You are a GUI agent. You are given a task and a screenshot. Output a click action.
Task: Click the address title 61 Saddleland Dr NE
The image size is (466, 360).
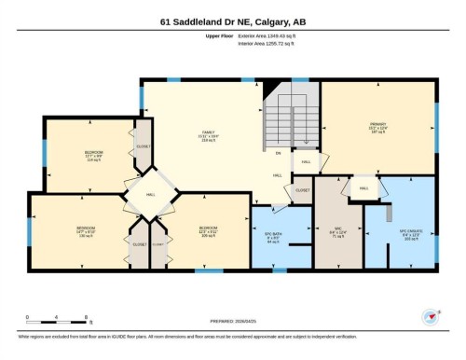pyautogui.click(x=232, y=21)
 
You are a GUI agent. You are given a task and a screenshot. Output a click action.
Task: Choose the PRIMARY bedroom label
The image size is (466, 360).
pyautogui.click(x=377, y=127)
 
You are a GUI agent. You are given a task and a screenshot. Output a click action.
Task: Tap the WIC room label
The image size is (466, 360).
pyautogui.click(x=338, y=228)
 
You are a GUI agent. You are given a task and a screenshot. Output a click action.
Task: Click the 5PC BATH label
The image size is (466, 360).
pyautogui.click(x=273, y=235)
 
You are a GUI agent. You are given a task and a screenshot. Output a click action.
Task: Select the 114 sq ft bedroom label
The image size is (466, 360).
pyautogui.click(x=93, y=155)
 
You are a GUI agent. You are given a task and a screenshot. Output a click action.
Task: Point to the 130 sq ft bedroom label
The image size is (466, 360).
pyautogui.click(x=86, y=229)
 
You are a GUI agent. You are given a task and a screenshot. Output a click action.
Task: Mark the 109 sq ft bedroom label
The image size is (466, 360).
pyautogui.click(x=208, y=229)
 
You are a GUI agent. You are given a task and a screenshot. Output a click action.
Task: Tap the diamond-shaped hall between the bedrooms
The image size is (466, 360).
pyautogui.click(x=151, y=194)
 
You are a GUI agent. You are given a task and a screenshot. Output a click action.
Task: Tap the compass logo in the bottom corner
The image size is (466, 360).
pyautogui.click(x=431, y=316)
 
